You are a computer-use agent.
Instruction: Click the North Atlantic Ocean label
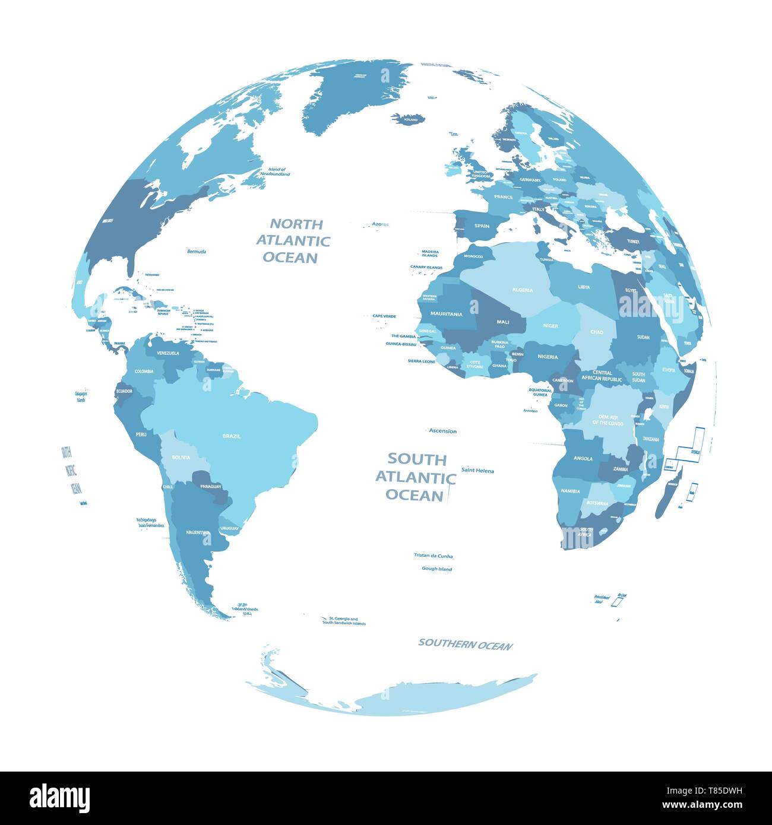tap(293, 240)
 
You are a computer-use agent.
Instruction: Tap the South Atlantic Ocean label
tap(416, 477)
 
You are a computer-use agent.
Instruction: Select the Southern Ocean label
tap(465, 645)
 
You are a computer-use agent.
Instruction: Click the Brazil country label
tap(232, 436)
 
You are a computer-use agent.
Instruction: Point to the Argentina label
tap(198, 532)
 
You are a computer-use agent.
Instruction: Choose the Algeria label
tap(522, 290)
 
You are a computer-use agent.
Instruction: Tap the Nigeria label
tap(548, 357)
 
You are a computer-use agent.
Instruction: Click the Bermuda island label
tap(196, 252)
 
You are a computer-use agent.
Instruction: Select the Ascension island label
tap(442, 431)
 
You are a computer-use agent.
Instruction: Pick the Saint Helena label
tap(477, 471)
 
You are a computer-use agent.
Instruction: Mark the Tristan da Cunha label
tap(433, 556)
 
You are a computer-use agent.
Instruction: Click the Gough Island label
tap(436, 569)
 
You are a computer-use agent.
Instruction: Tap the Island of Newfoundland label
tap(278, 172)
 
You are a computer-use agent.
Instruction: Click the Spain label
tap(482, 226)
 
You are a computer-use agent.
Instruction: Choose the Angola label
tap(583, 458)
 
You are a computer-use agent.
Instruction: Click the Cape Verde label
tap(384, 316)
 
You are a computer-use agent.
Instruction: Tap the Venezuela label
tap(168, 353)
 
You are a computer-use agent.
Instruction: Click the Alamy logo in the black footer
tap(60, 798)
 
